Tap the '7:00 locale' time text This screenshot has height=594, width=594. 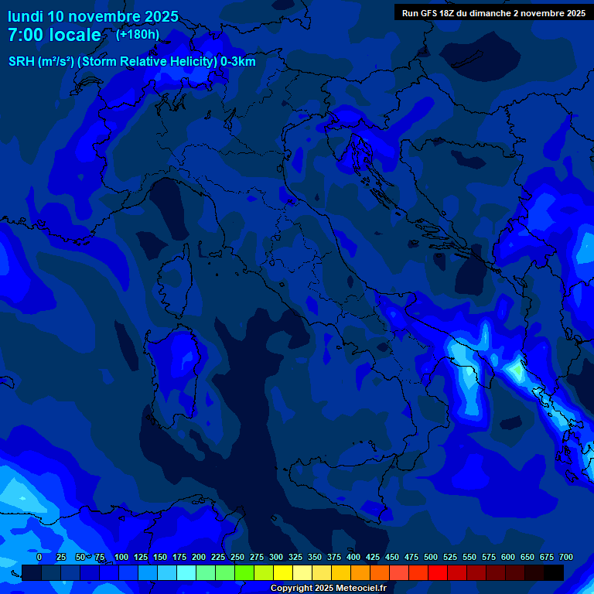click(x=54, y=35)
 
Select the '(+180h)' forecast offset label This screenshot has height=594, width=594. click(x=138, y=34)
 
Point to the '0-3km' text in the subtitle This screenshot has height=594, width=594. click(x=237, y=62)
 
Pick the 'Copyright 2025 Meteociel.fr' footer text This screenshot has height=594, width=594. click(x=328, y=589)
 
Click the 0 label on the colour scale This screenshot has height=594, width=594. click(x=39, y=557)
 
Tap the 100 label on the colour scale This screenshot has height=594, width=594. click(x=121, y=557)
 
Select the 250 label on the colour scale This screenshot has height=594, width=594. click(x=237, y=557)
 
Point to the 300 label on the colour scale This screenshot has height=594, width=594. click(x=276, y=557)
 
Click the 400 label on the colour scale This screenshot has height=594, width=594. click(x=353, y=557)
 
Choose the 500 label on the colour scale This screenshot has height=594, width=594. click(x=431, y=557)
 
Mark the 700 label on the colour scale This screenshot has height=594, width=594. click(x=566, y=557)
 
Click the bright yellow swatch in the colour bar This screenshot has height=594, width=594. click(x=283, y=573)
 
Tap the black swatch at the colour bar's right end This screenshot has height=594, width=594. click(x=554, y=573)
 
